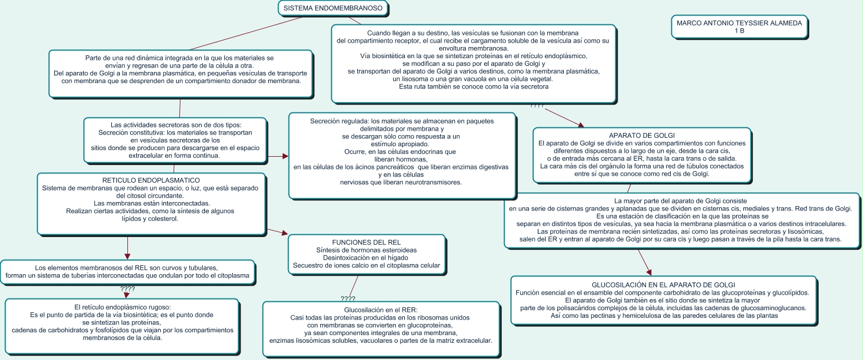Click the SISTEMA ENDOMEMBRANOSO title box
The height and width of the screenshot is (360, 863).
coord(332,8)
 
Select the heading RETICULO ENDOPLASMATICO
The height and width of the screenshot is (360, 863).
coord(151,181)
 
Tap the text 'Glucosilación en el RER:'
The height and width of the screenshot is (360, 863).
coord(380,310)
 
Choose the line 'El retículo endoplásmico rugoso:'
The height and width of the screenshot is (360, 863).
coord(122,307)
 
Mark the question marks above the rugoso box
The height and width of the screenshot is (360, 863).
coord(127,289)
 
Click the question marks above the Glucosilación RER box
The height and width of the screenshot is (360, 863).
coord(348,299)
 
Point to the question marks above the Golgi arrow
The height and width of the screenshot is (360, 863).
coord(537,105)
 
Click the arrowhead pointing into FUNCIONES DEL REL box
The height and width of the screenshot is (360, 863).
coord(285,233)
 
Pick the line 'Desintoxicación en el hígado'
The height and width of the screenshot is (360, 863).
coord(366,258)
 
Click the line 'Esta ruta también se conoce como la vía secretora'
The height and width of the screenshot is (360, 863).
coord(473,87)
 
